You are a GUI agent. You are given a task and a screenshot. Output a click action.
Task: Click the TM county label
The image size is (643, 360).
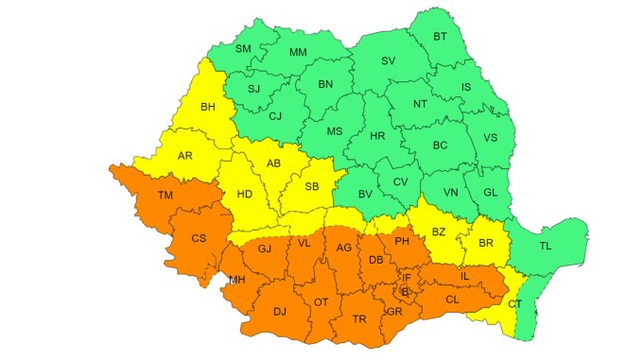165,196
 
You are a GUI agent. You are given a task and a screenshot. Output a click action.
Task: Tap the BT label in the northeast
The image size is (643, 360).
440,37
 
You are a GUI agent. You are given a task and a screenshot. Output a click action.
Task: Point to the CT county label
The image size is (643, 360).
514,304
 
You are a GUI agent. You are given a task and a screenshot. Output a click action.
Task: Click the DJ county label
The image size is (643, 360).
279,310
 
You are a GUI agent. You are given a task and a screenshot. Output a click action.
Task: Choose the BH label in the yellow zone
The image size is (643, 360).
208,107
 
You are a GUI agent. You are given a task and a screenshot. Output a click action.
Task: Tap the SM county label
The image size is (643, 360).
243,48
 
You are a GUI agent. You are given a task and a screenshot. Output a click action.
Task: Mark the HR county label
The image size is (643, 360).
377,137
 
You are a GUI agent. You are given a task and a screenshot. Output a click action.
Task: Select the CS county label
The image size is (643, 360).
199,238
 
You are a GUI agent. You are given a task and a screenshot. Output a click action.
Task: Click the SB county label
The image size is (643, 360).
311,186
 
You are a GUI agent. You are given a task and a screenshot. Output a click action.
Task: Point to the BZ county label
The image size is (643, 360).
438,231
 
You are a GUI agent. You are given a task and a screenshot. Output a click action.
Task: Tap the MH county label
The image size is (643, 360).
236,280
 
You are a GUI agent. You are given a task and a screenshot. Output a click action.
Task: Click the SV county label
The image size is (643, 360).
388,60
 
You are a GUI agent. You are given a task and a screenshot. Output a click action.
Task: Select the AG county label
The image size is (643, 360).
344,248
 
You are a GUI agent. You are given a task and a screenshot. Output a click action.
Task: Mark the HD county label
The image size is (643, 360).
245,195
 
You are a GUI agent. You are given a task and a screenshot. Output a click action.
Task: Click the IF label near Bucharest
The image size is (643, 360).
406,277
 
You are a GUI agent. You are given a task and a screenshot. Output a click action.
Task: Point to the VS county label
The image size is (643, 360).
490,137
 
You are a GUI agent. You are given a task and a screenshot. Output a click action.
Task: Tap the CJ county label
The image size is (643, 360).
275,117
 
